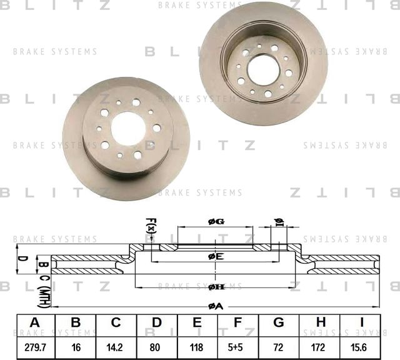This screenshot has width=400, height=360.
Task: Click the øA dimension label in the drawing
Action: (x=215, y=306)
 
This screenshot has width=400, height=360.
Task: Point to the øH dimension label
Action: (x=216, y=286)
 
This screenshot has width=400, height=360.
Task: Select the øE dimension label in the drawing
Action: (x=216, y=256)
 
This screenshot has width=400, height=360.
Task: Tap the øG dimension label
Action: (x=216, y=221)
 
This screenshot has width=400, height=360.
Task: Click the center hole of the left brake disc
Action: (x=128, y=129)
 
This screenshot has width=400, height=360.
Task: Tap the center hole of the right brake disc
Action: (x=263, y=69)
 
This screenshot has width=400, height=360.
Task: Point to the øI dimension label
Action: (x=279, y=222)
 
